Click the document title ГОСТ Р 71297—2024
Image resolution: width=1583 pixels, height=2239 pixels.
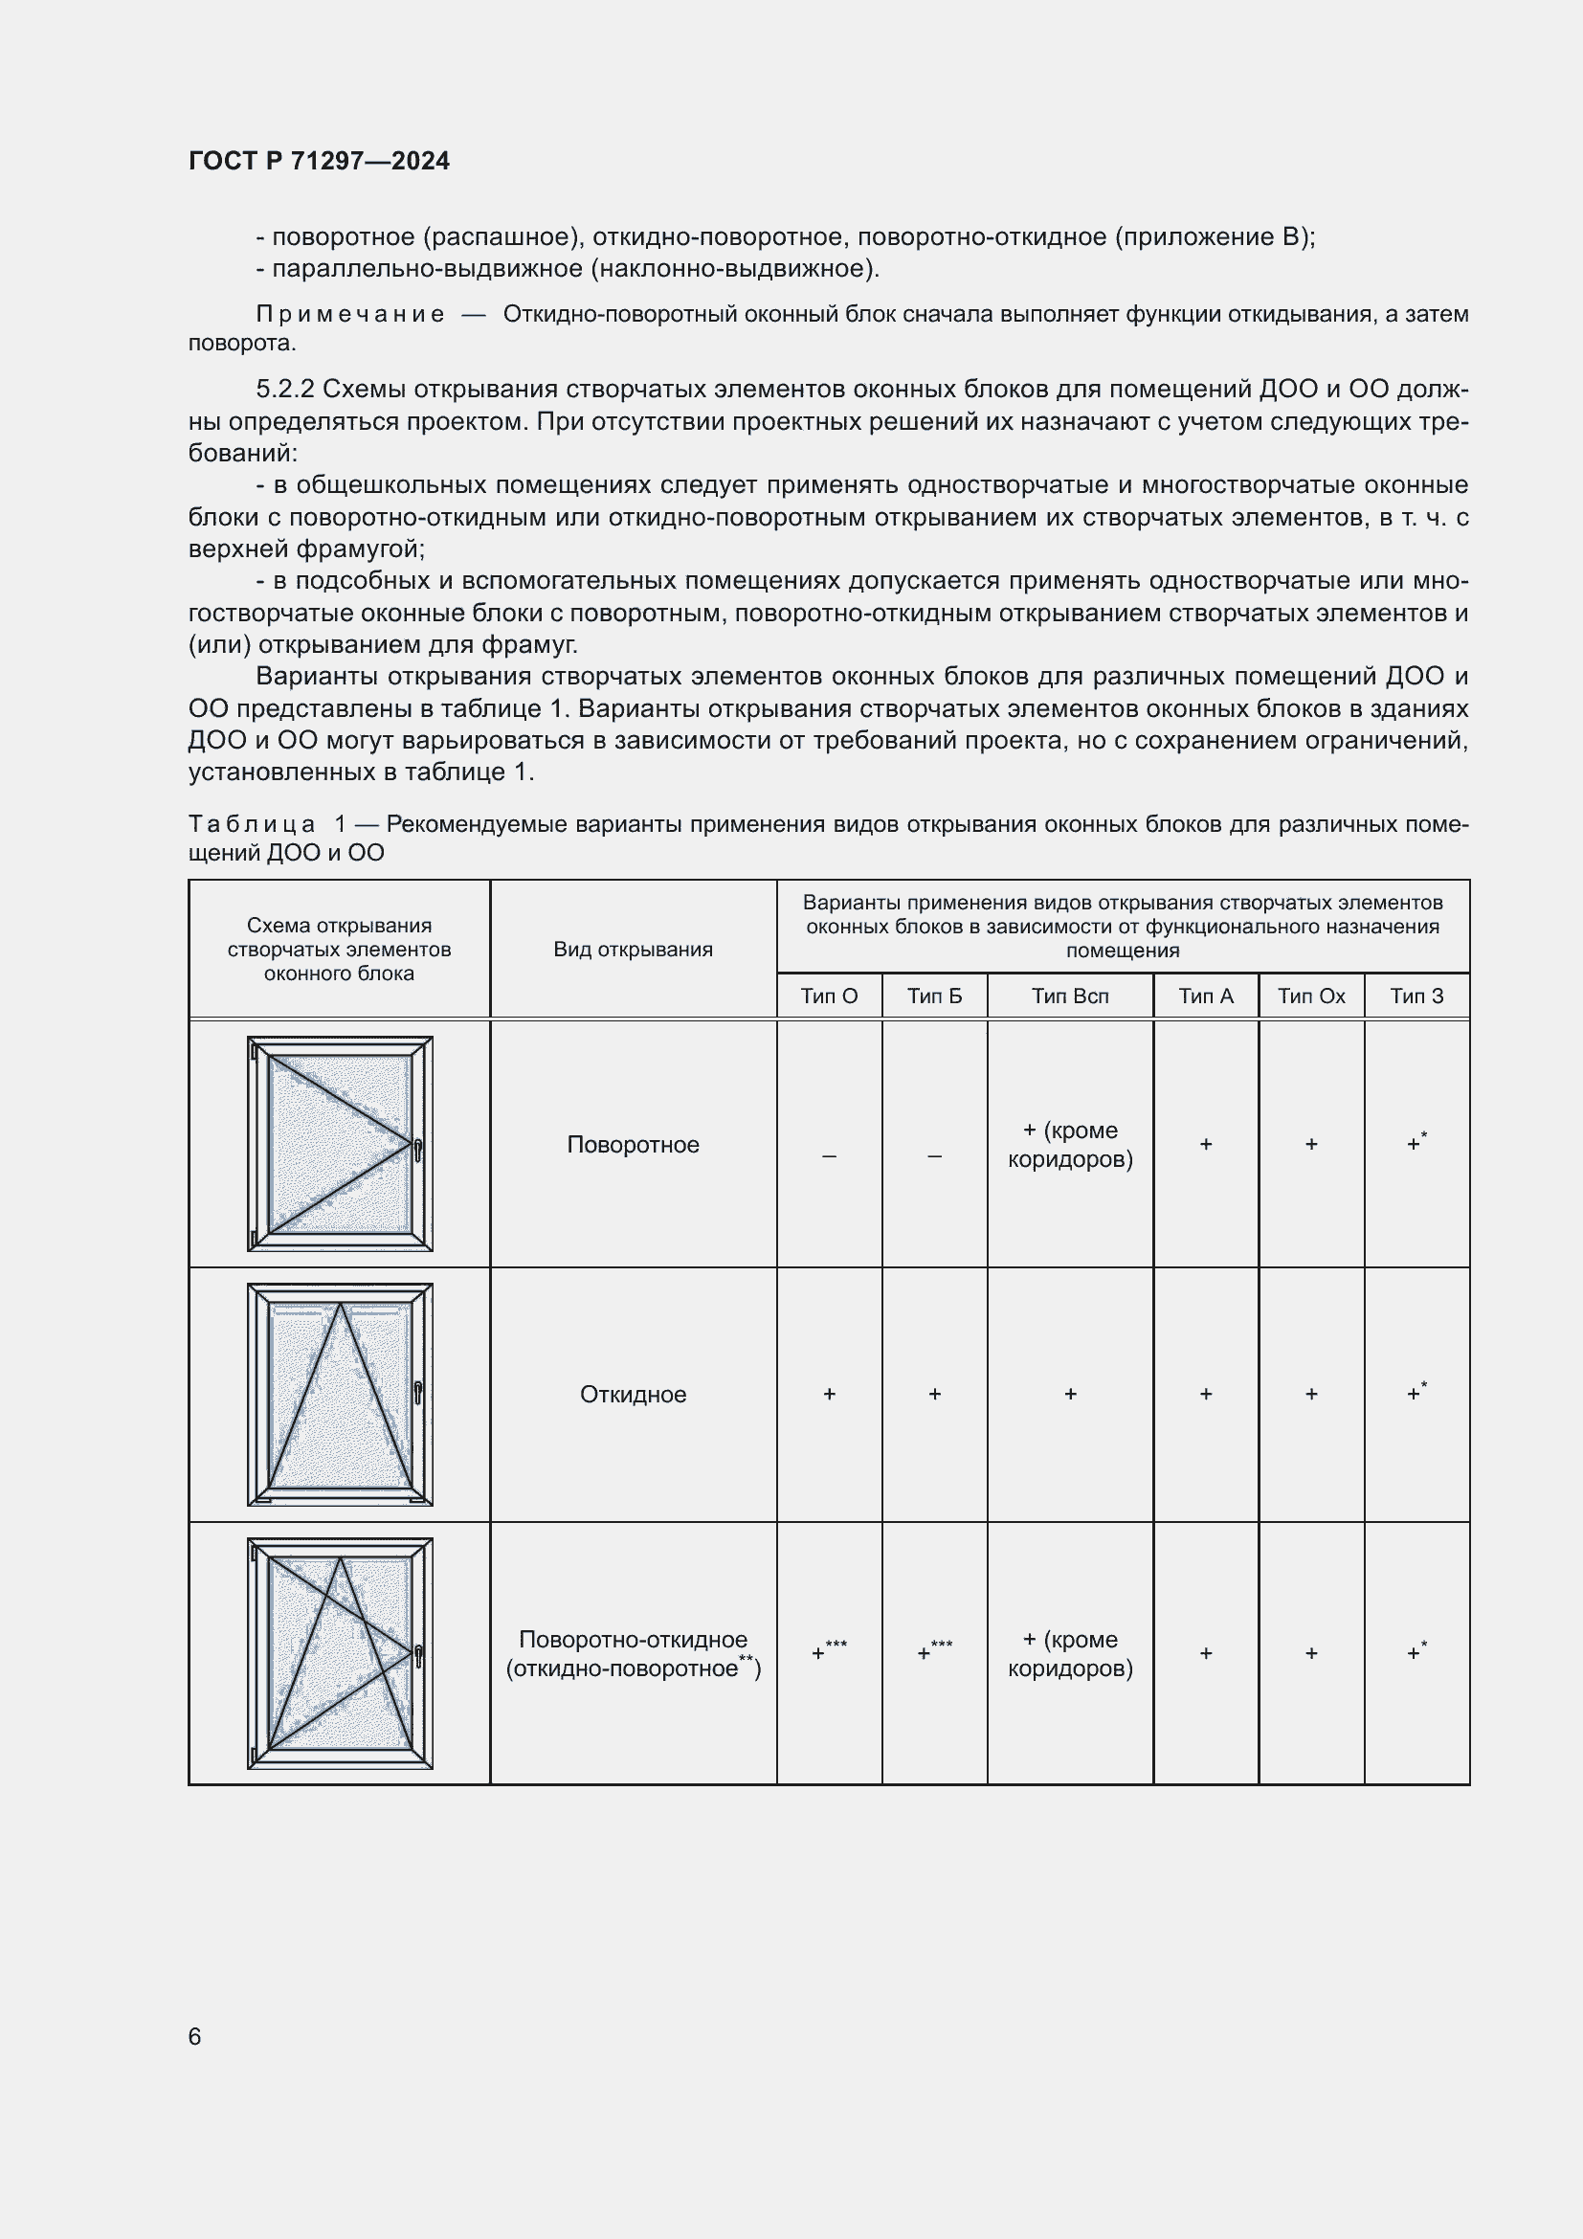(x=319, y=161)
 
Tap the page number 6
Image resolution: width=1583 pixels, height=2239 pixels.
(x=195, y=2036)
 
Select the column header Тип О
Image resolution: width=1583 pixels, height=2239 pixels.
(x=829, y=996)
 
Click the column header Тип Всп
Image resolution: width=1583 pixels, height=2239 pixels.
(x=1069, y=996)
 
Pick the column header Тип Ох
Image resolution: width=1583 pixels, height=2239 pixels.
(x=1311, y=996)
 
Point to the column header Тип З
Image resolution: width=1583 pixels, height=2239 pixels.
(x=1416, y=996)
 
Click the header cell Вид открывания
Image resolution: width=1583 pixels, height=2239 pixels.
(x=633, y=949)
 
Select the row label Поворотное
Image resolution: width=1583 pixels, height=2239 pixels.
(x=633, y=1144)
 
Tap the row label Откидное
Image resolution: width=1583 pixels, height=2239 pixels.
(x=633, y=1394)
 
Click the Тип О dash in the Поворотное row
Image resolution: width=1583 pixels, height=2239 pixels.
(x=829, y=1155)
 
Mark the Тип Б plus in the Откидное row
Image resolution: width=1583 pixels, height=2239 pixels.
(x=934, y=1394)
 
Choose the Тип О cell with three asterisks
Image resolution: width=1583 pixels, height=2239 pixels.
(x=829, y=1652)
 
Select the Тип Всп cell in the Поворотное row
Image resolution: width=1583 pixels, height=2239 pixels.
(x=1069, y=1144)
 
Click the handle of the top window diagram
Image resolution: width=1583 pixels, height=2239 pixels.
(x=418, y=1150)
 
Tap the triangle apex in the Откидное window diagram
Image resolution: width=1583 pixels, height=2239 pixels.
(x=340, y=1305)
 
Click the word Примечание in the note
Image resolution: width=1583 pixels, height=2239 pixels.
(x=350, y=314)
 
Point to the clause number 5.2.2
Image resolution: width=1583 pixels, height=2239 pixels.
(x=284, y=389)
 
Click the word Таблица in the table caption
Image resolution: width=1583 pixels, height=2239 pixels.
(x=252, y=824)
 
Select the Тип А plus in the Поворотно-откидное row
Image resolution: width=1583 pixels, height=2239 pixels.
(x=1205, y=1652)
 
